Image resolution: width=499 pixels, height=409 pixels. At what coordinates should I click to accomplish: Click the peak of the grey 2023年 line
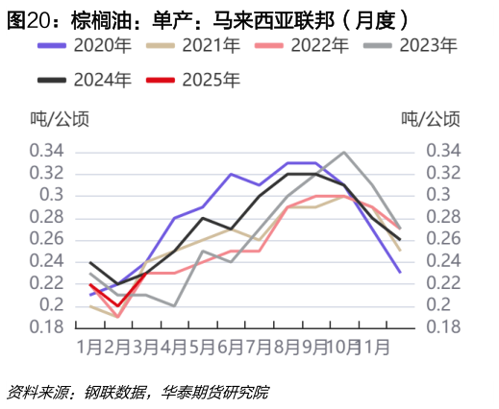(343, 152)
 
